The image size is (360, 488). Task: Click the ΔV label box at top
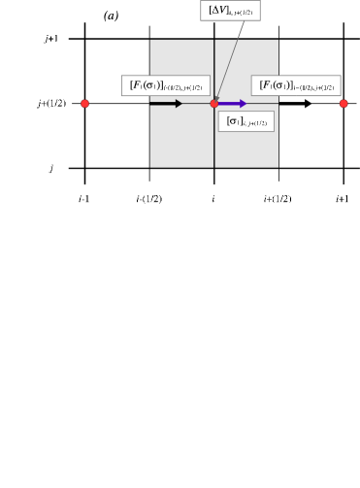pos(230,11)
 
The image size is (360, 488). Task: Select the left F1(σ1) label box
pos(165,85)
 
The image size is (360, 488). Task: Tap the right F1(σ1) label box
pos(296,85)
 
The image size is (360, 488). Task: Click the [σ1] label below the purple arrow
pos(245,121)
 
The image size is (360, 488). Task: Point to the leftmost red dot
pos(84,104)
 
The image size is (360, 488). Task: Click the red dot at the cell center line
pos(214,104)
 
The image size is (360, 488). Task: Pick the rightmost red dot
pos(344,104)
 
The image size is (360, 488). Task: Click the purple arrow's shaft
pos(228,104)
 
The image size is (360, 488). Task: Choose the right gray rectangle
pos(246,146)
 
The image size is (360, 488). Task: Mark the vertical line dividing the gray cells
pos(214,146)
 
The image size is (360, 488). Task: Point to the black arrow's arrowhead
pos(179,104)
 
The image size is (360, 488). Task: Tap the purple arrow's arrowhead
pos(243,104)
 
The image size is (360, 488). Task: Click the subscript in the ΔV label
pos(243,13)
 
